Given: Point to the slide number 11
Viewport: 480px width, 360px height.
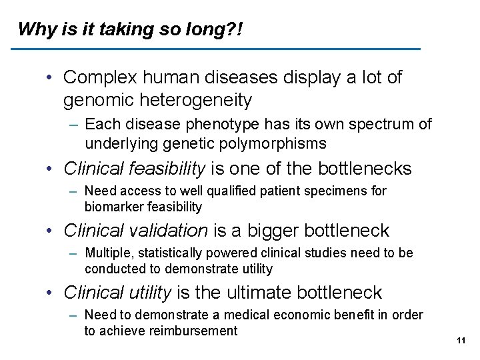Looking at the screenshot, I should coord(460,341).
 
